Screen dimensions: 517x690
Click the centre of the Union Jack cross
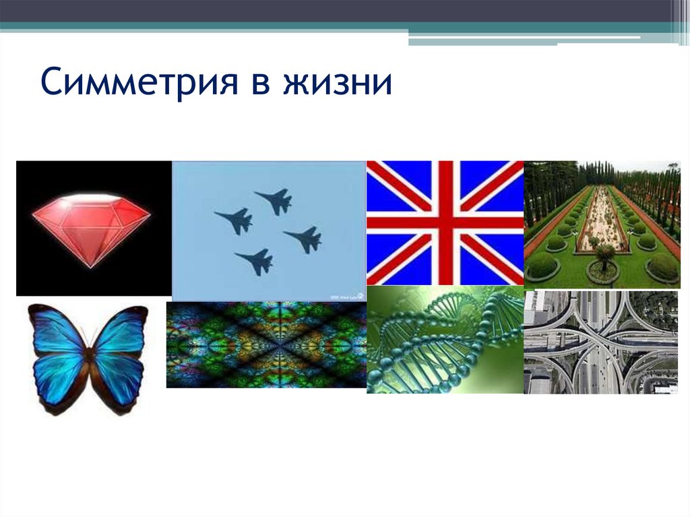pos(445,222)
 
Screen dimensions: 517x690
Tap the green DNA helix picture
pos(445,340)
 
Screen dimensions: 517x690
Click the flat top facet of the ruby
pos(91,202)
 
